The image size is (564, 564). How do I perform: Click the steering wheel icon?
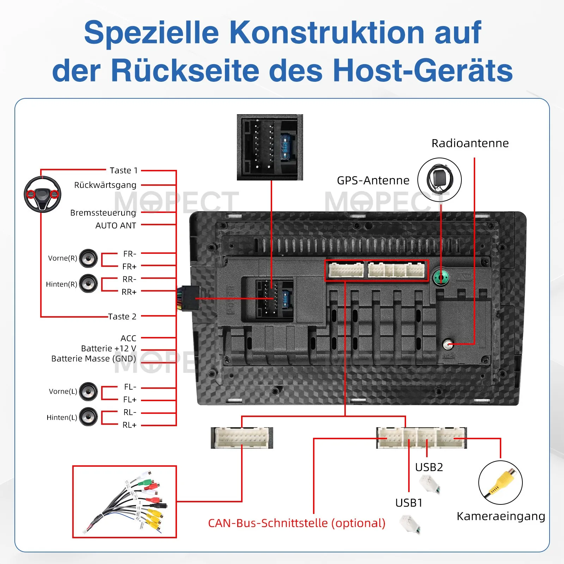click(x=42, y=194)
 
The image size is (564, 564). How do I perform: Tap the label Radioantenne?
click(x=470, y=143)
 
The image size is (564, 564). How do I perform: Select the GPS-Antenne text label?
click(x=373, y=180)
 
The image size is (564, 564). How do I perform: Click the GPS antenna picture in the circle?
click(x=439, y=179)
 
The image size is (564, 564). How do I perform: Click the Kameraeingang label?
click(x=501, y=516)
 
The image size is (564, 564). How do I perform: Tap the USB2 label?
click(x=429, y=467)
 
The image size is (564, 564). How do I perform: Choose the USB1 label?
click(x=409, y=503)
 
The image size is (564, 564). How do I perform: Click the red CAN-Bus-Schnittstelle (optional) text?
click(x=296, y=523)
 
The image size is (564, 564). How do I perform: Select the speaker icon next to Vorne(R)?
click(x=88, y=258)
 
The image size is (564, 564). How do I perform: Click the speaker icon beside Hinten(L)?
click(x=88, y=417)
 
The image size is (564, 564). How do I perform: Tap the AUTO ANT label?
click(x=116, y=226)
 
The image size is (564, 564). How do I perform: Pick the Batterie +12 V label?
click(x=108, y=349)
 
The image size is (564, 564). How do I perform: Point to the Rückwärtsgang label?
click(x=105, y=185)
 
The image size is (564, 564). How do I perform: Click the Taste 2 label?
click(x=122, y=317)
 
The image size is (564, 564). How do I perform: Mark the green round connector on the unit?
click(x=441, y=277)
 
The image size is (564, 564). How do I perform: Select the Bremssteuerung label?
click(x=103, y=213)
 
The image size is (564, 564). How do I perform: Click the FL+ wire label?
click(x=129, y=400)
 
